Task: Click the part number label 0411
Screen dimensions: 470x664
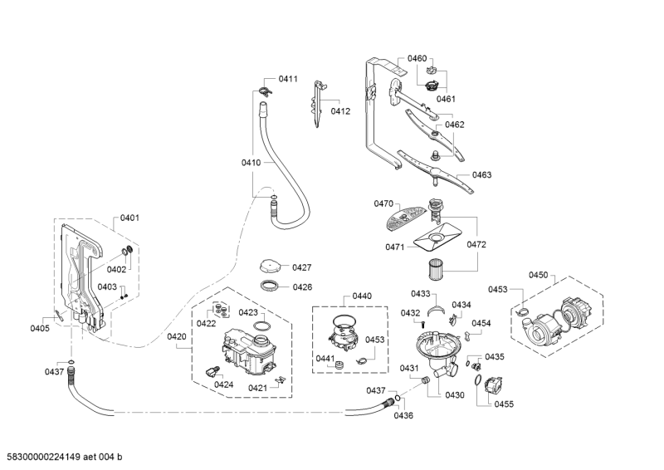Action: [287, 79]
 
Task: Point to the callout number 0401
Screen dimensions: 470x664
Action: [129, 218]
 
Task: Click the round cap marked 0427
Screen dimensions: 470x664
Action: [270, 267]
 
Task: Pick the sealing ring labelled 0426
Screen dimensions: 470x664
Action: [271, 286]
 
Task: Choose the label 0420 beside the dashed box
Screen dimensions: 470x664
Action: [176, 336]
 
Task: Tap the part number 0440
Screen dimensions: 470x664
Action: [362, 296]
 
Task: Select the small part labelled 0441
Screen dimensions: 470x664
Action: [339, 359]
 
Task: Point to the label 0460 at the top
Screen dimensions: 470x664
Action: [417, 58]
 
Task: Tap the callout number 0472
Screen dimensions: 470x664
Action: [476, 245]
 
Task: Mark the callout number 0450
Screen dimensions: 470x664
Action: [539, 275]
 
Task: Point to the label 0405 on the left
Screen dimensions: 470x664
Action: [40, 328]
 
